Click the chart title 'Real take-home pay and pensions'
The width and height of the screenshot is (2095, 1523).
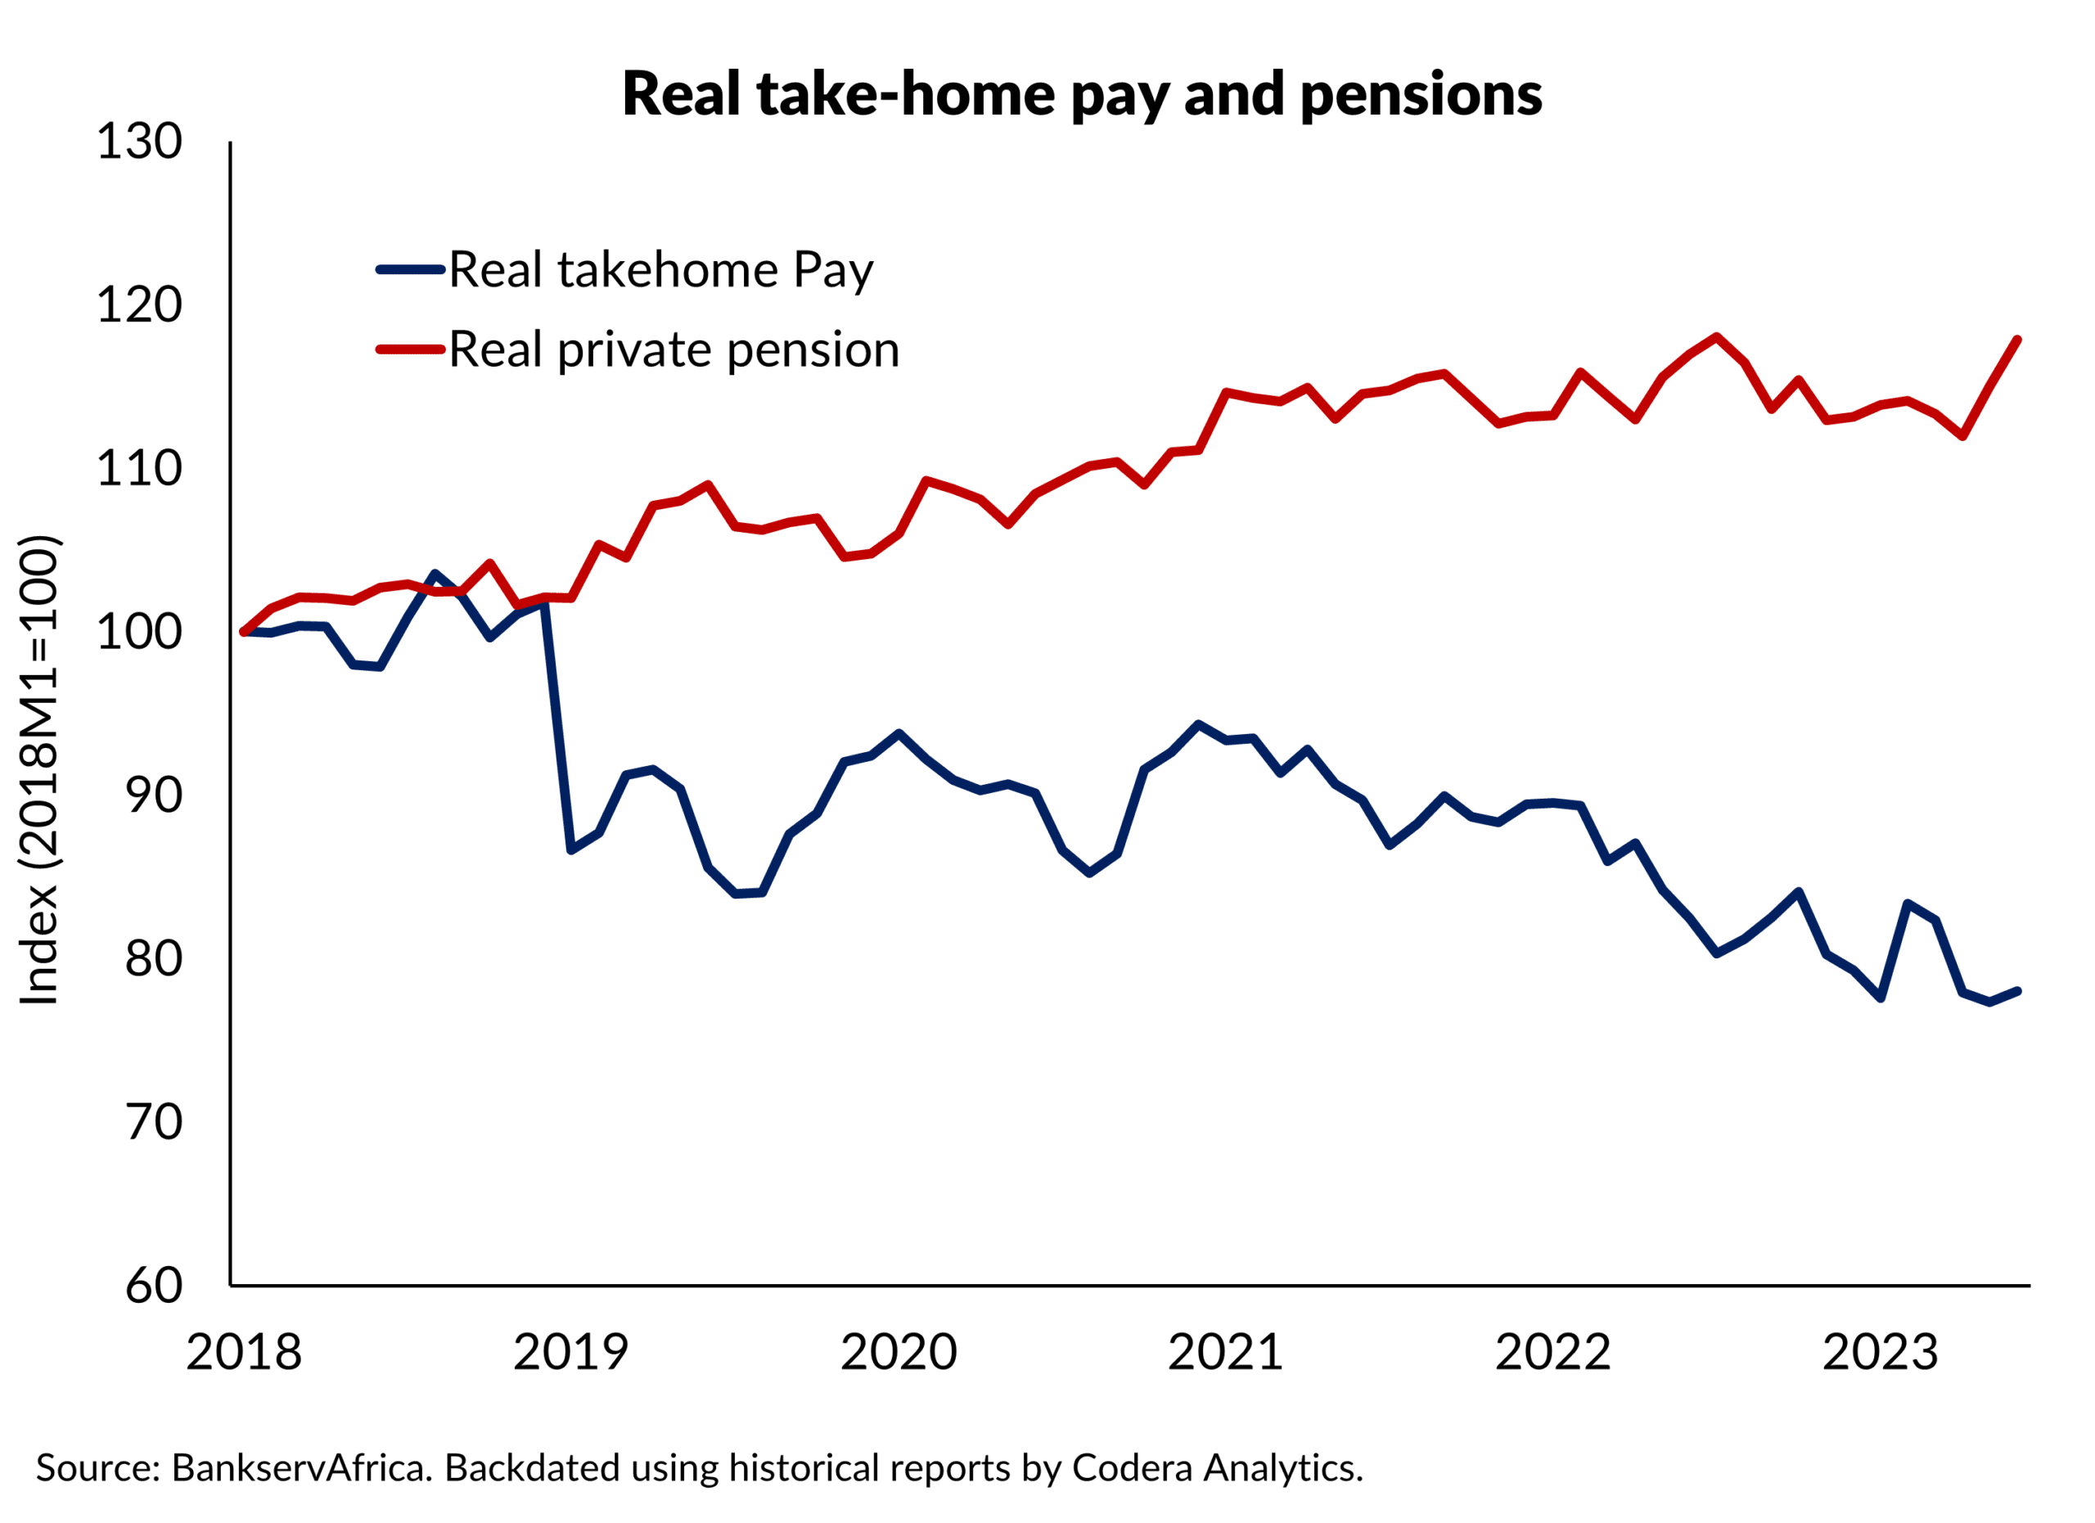[x=1082, y=94]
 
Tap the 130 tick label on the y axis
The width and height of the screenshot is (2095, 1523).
[x=139, y=142]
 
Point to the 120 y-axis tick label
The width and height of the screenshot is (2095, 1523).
[x=139, y=306]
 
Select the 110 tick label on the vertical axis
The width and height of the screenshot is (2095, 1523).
[x=139, y=469]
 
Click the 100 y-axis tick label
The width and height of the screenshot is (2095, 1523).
[x=139, y=633]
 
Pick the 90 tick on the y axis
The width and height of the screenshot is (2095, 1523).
[x=155, y=796]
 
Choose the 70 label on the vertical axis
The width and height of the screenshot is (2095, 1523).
[x=155, y=1123]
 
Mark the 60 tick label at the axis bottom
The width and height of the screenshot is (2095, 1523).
[x=155, y=1286]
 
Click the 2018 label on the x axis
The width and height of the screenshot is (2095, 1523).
[x=244, y=1353]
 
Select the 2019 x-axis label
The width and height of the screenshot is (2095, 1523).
[x=571, y=1353]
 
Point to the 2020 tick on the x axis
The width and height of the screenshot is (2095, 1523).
[x=899, y=1353]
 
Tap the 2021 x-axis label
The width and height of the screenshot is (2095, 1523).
[x=1226, y=1353]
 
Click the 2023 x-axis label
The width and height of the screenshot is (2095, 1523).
[x=1880, y=1353]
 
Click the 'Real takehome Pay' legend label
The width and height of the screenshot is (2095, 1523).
[x=660, y=271]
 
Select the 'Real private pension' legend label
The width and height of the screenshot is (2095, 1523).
[x=674, y=350]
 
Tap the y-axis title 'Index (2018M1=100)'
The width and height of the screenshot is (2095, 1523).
[x=38, y=770]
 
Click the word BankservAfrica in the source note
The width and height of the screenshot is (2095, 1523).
[x=302, y=1468]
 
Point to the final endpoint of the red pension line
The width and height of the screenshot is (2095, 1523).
[x=2017, y=340]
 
